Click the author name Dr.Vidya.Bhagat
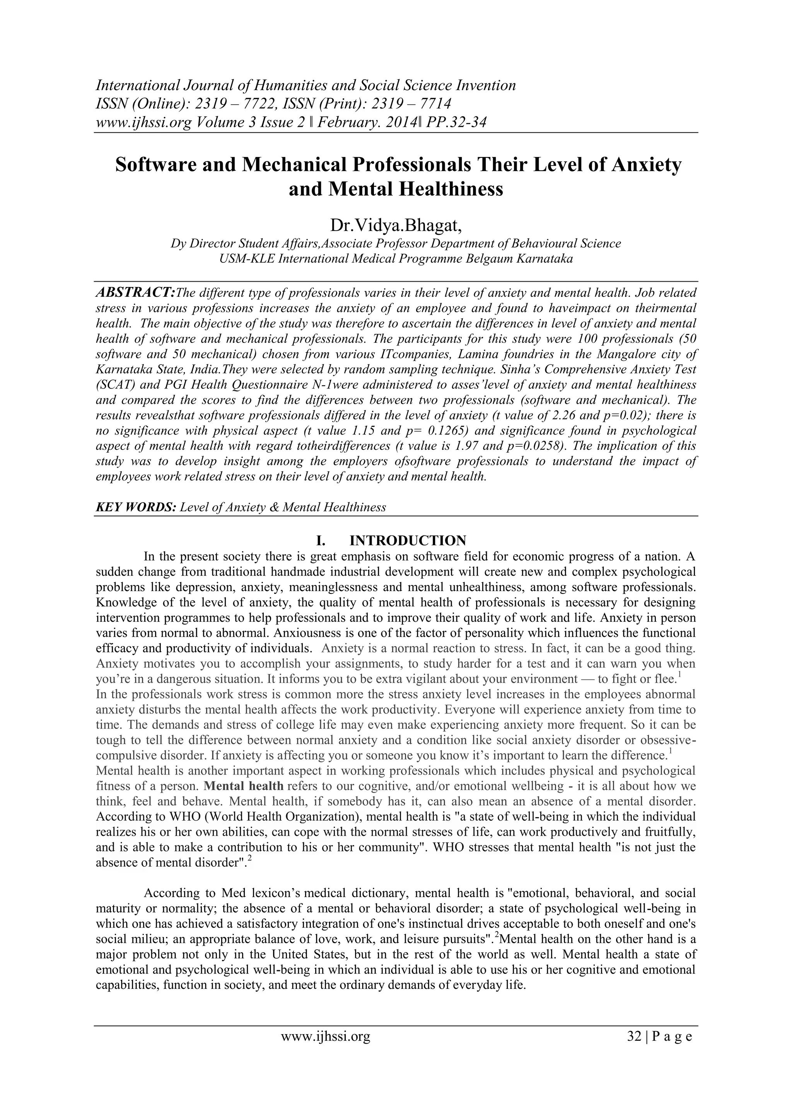click(396, 226)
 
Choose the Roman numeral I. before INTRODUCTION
click(321, 540)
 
